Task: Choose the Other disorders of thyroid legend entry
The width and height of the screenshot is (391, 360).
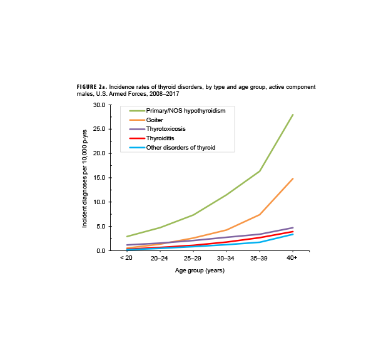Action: pyautogui.click(x=180, y=147)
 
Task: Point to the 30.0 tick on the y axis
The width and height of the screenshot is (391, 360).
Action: pyautogui.click(x=98, y=105)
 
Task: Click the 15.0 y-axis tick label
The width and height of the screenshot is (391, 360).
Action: pyautogui.click(x=98, y=178)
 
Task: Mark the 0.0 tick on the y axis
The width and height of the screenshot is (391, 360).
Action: pyautogui.click(x=100, y=250)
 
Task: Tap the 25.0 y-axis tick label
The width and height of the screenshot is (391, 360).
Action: pyautogui.click(x=98, y=130)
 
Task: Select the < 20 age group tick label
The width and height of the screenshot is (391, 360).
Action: pyautogui.click(x=127, y=258)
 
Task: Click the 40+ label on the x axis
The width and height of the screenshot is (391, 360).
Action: pyautogui.click(x=292, y=258)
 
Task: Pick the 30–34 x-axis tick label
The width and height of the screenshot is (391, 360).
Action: pyautogui.click(x=226, y=258)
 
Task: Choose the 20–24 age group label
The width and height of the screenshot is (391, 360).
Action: pyautogui.click(x=160, y=258)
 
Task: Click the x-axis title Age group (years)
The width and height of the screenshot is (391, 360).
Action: pyautogui.click(x=200, y=270)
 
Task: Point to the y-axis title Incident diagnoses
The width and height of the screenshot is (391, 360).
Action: pyautogui.click(x=84, y=178)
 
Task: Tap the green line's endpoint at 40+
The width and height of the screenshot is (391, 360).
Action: pyautogui.click(x=292, y=115)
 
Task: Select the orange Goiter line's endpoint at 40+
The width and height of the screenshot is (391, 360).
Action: pyautogui.click(x=292, y=178)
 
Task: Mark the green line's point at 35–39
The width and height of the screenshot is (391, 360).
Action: pyautogui.click(x=259, y=171)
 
